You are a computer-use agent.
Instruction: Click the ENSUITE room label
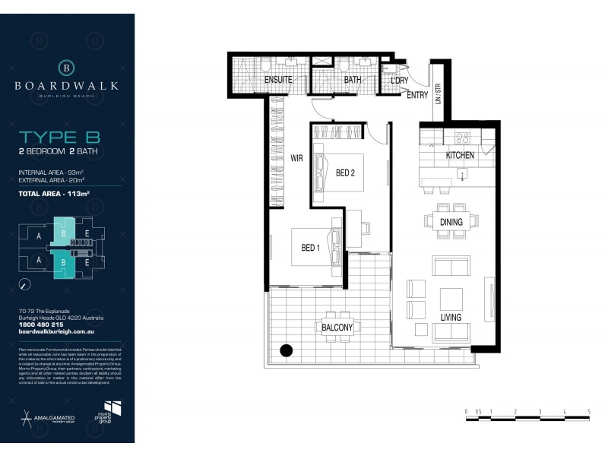280,80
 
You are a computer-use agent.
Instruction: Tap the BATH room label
353,80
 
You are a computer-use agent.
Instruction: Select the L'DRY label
400,80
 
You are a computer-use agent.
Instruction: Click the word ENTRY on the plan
417,95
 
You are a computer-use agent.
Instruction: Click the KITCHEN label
460,155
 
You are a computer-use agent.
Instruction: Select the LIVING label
451,316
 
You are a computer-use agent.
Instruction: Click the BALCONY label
336,328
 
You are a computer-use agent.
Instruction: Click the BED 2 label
345,173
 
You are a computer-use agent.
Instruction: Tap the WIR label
296,159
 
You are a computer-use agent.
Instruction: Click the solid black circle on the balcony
287,351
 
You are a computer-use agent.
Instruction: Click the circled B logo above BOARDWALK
67,68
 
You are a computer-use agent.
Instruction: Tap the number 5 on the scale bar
589,410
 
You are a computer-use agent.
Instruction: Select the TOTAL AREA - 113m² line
54,194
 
